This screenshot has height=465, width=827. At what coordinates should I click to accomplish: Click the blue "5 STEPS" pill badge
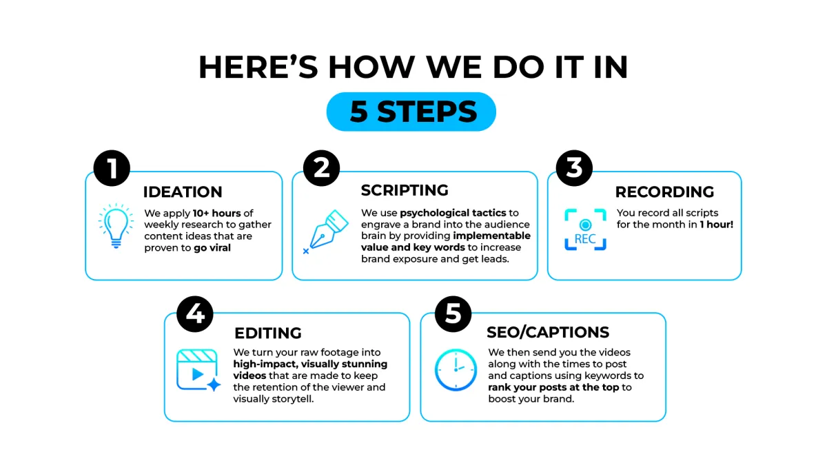pyautogui.click(x=411, y=112)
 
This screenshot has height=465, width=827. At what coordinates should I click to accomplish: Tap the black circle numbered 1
pyautogui.click(x=112, y=168)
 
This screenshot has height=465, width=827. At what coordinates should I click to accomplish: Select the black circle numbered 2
pyautogui.click(x=322, y=168)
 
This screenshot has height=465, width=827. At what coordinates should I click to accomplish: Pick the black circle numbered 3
pyautogui.click(x=574, y=168)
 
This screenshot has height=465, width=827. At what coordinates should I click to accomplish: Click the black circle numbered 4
pyautogui.click(x=195, y=314)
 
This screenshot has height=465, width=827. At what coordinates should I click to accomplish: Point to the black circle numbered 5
pyautogui.click(x=453, y=314)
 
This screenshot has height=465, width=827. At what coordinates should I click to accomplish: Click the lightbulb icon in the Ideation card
pyautogui.click(x=116, y=225)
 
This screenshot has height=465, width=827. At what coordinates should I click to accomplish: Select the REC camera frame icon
pyautogui.click(x=585, y=229)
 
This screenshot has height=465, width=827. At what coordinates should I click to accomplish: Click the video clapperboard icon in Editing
pyautogui.click(x=198, y=370)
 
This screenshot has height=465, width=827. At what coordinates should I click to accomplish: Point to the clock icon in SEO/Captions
pyautogui.click(x=456, y=370)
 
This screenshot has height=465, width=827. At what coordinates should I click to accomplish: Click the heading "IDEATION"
pyautogui.click(x=183, y=192)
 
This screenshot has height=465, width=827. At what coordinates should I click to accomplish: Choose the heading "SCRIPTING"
pyautogui.click(x=405, y=190)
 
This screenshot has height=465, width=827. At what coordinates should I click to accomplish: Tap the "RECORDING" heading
pyautogui.click(x=664, y=192)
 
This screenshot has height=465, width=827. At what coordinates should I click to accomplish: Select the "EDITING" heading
pyautogui.click(x=268, y=333)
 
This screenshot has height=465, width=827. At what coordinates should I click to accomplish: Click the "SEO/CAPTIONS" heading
pyautogui.click(x=548, y=332)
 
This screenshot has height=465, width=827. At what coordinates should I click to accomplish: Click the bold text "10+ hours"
pyautogui.click(x=216, y=214)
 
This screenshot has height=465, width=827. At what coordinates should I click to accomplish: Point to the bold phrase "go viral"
pyautogui.click(x=212, y=247)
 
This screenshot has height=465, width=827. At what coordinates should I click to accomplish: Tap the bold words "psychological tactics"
pyautogui.click(x=453, y=213)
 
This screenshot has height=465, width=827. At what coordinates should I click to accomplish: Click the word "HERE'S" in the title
pyautogui.click(x=258, y=68)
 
